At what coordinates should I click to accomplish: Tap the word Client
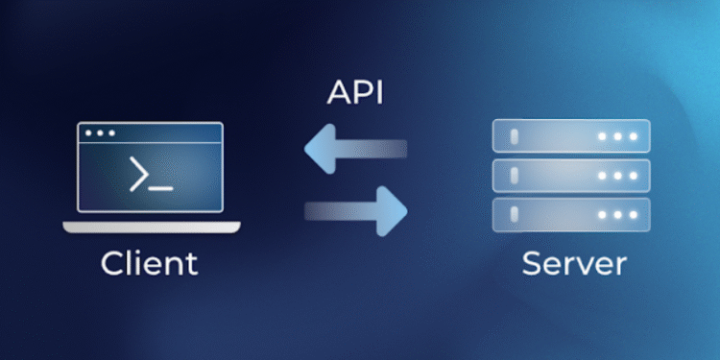150,262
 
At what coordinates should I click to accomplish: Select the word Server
574,262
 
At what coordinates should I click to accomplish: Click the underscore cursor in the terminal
161,186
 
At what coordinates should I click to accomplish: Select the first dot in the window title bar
88,133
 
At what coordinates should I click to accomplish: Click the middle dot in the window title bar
100,133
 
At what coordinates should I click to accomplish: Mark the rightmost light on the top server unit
632,136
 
